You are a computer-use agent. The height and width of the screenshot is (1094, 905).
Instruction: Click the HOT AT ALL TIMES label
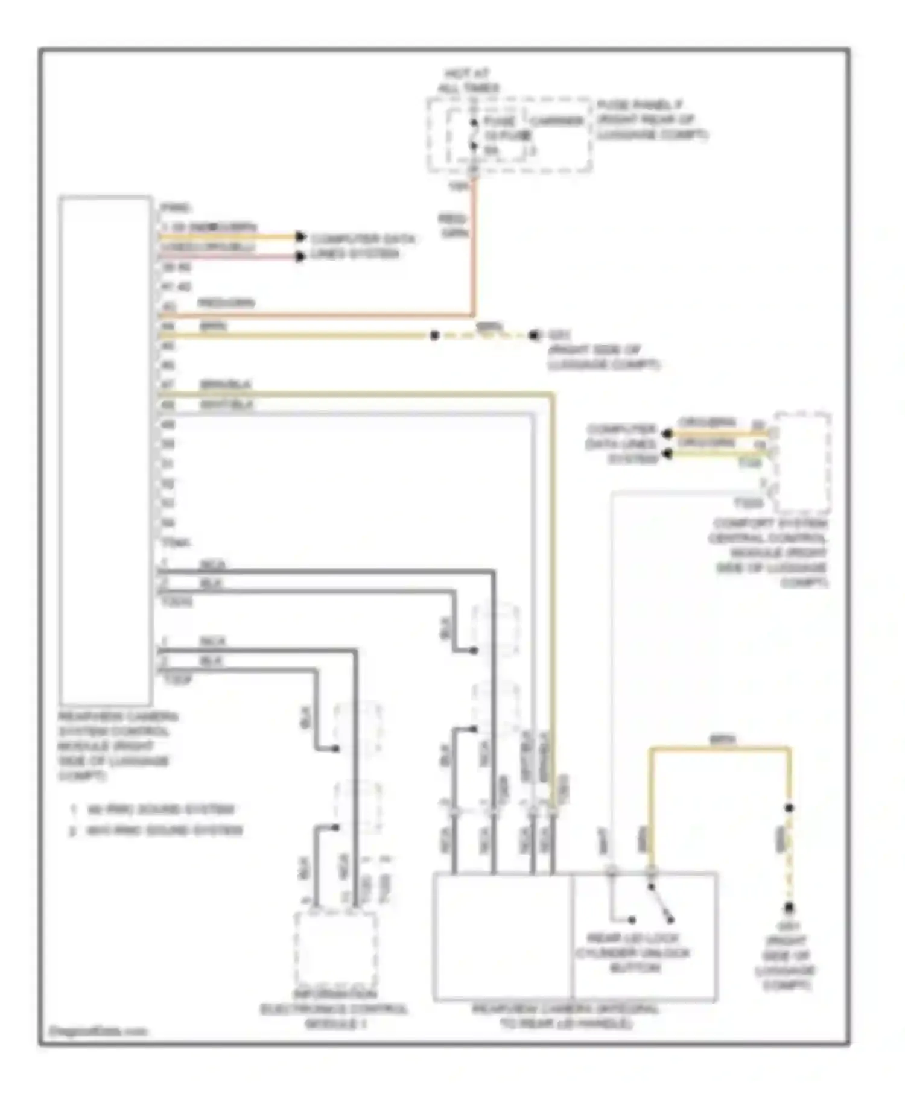[x=468, y=81]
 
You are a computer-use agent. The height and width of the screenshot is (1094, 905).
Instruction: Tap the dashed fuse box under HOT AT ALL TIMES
[x=509, y=136]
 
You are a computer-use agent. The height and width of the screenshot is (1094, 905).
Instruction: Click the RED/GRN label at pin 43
[x=226, y=303]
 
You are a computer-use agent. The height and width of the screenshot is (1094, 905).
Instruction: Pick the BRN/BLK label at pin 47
[x=226, y=384]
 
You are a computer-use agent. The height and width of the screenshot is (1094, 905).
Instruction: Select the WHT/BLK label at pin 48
[x=226, y=405]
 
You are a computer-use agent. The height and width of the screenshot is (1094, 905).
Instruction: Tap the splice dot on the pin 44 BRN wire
[x=434, y=335]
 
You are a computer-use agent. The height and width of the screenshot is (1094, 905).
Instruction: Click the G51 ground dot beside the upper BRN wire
[x=534, y=335]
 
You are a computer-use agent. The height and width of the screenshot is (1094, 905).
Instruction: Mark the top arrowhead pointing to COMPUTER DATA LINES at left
[x=300, y=236]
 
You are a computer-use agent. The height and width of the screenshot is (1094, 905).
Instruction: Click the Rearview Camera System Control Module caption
[x=115, y=746]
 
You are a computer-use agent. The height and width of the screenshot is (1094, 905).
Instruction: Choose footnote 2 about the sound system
[x=157, y=830]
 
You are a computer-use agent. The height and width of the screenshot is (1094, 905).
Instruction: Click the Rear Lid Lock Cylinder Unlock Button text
[x=632, y=953]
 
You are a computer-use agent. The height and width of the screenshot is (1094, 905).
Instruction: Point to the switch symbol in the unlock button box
[x=661, y=904]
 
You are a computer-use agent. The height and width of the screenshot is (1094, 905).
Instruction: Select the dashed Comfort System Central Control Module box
[x=802, y=463]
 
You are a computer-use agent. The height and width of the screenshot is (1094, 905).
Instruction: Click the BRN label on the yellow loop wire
[x=722, y=739]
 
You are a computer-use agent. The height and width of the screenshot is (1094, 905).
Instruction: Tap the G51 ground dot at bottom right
[x=789, y=908]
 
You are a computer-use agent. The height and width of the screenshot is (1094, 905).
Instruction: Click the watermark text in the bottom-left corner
[x=97, y=1031]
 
